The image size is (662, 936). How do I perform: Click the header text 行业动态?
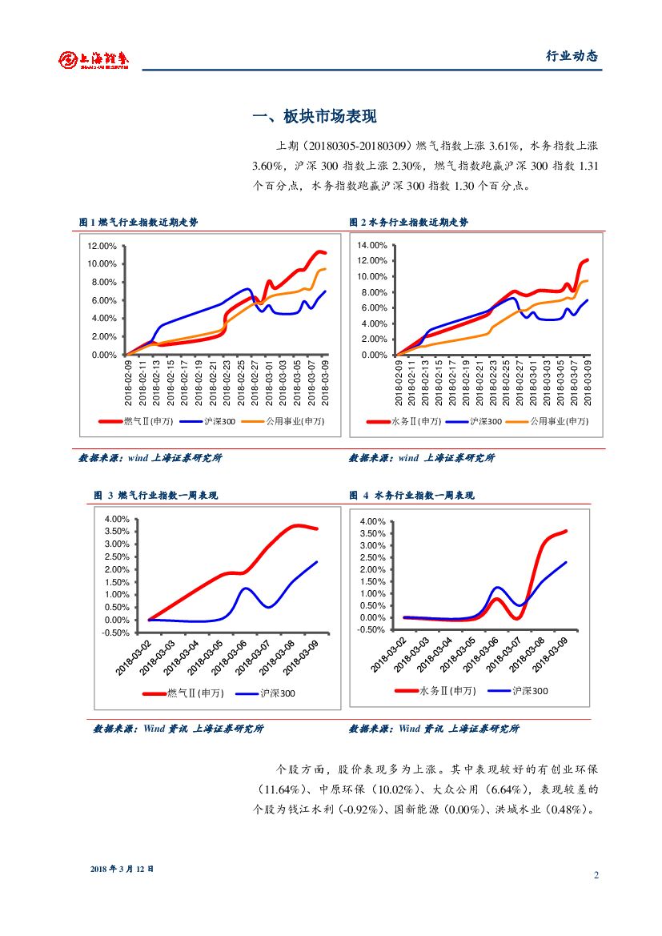click(572, 56)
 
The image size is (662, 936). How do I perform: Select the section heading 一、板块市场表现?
click(314, 117)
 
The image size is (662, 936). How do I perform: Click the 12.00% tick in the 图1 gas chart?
click(102, 246)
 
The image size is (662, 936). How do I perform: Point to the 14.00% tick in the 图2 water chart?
click(372, 245)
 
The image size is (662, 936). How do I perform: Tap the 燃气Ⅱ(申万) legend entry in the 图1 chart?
click(135, 421)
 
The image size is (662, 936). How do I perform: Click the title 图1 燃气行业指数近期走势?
click(138, 223)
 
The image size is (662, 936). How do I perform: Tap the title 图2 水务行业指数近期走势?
click(408, 223)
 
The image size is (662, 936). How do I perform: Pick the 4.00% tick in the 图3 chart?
click(117, 519)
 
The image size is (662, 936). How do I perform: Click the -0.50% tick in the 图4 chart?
click(373, 630)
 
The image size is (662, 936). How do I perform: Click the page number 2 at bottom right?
click(596, 874)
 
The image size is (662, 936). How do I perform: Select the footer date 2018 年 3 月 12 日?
click(122, 868)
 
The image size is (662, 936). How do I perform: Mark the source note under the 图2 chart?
click(421, 458)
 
